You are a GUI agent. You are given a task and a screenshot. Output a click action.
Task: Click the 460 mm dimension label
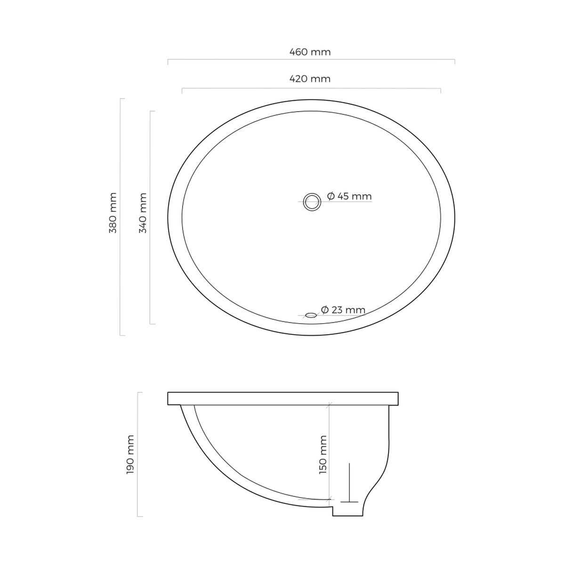point(310,52)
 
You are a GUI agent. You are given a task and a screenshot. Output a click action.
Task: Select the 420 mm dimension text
point(310,79)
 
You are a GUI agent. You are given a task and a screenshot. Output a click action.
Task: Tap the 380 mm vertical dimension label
point(113,213)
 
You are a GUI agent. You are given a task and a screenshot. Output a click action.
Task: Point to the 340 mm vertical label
point(143,213)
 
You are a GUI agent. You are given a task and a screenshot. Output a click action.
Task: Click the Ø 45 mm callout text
point(349,196)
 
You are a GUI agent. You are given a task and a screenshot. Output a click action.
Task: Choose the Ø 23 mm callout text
point(343,310)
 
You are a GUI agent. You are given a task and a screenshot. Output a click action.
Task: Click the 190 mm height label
point(130,454)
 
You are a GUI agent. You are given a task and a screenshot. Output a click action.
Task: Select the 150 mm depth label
point(323,455)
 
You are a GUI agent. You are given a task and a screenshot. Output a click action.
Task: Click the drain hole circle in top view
point(312,194)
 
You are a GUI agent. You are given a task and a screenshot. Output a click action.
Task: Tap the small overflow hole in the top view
point(311,315)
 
